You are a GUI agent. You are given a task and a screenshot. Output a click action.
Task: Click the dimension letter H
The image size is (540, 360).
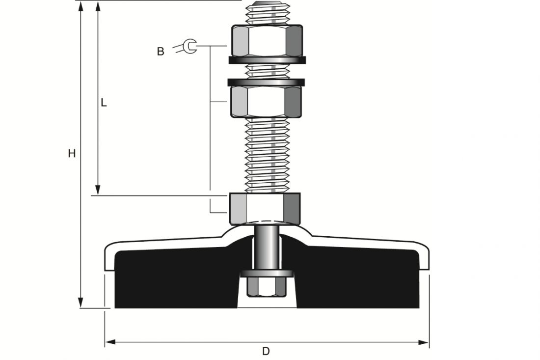(x=72, y=154)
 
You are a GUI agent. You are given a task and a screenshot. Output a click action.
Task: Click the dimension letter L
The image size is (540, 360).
(x=104, y=103)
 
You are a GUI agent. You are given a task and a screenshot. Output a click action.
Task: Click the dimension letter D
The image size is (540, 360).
(x=266, y=351)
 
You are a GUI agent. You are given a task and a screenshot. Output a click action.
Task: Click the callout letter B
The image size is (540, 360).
(x=161, y=52)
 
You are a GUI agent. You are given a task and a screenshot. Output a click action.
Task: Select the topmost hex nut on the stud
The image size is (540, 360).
(x=266, y=41)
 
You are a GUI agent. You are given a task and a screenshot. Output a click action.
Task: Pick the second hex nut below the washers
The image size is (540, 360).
(x=266, y=102)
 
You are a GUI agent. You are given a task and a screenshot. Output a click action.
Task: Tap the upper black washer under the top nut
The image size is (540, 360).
(x=267, y=60)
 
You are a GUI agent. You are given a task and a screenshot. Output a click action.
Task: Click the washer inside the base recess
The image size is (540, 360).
(x=267, y=273)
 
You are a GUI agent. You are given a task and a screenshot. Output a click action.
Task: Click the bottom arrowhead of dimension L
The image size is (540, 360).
(x=98, y=190)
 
